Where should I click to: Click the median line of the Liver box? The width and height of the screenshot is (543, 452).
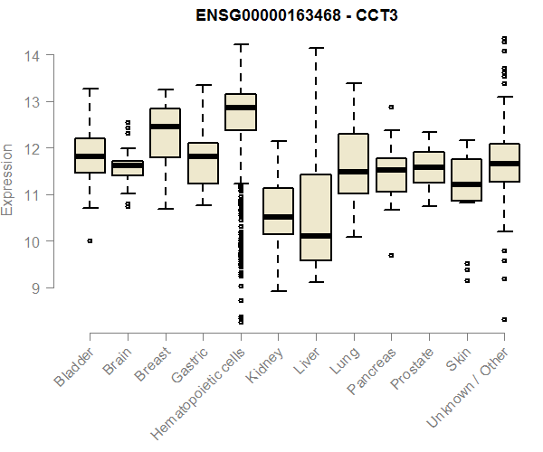pyautogui.click(x=316, y=236)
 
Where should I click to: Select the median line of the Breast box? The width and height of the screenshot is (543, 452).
pyautogui.click(x=165, y=127)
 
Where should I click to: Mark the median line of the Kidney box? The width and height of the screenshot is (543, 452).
pyautogui.click(x=278, y=217)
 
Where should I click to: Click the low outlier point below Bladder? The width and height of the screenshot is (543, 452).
pyautogui.click(x=90, y=240)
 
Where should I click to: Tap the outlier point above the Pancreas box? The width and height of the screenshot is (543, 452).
pyautogui.click(x=391, y=107)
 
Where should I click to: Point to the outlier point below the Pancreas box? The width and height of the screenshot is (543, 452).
pyautogui.click(x=391, y=255)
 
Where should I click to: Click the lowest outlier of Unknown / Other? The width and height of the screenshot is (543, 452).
pyautogui.click(x=504, y=319)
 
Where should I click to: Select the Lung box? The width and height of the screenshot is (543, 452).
pyautogui.click(x=353, y=164)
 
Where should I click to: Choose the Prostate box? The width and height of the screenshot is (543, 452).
pyautogui.click(x=429, y=167)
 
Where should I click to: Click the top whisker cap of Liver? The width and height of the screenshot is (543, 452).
pyautogui.click(x=316, y=48)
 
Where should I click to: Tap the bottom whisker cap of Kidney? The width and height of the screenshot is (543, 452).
pyautogui.click(x=278, y=290)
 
